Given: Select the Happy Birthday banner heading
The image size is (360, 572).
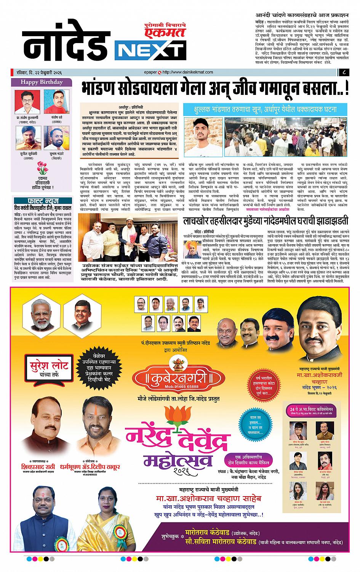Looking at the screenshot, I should tap(42, 82).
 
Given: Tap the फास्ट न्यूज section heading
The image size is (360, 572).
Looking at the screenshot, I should tap(42, 200).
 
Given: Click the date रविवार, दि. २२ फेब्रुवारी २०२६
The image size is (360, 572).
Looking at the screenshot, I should tap(37, 72).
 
